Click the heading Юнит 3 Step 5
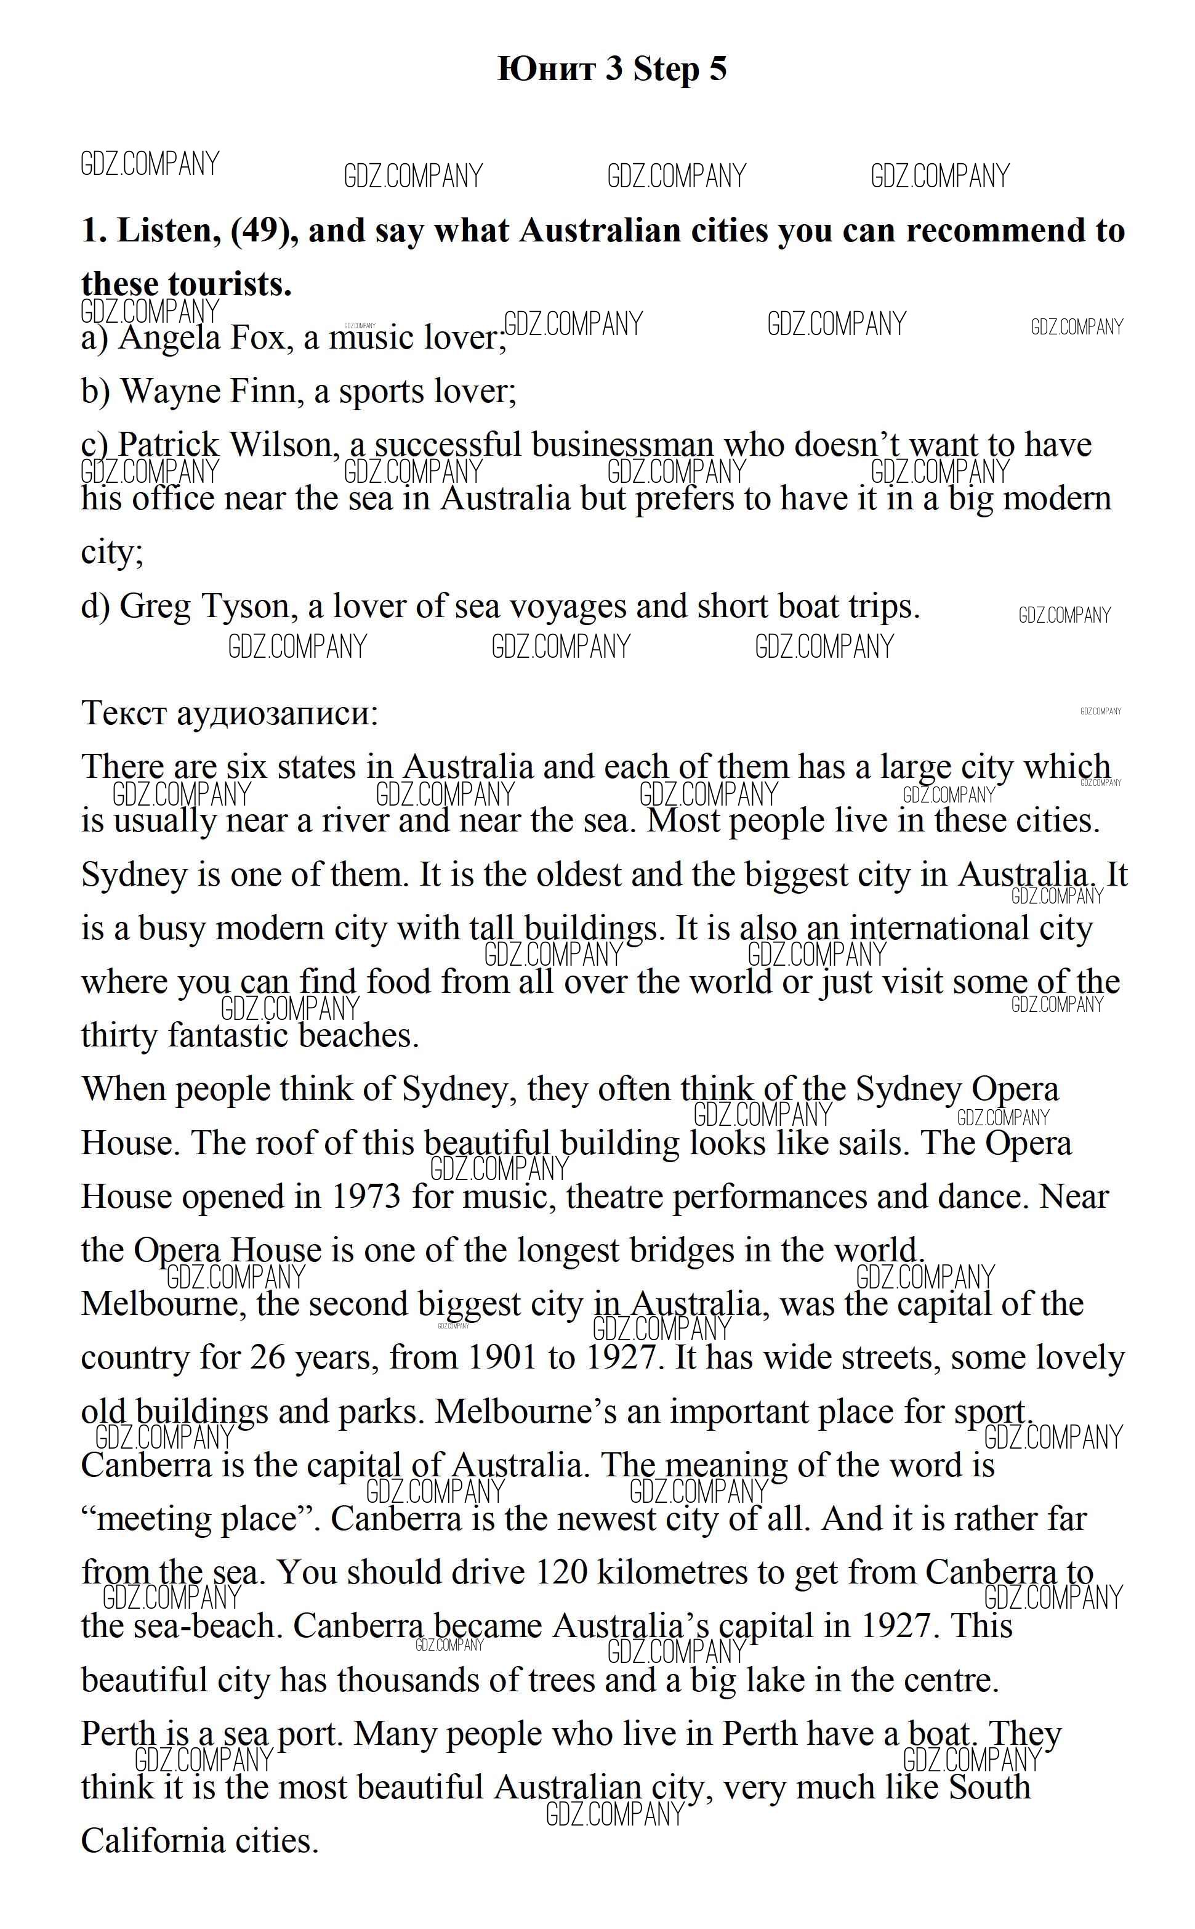612,70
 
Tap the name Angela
168,338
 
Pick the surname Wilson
284,445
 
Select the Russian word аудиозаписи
278,714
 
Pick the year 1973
365,1198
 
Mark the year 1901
501,1359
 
